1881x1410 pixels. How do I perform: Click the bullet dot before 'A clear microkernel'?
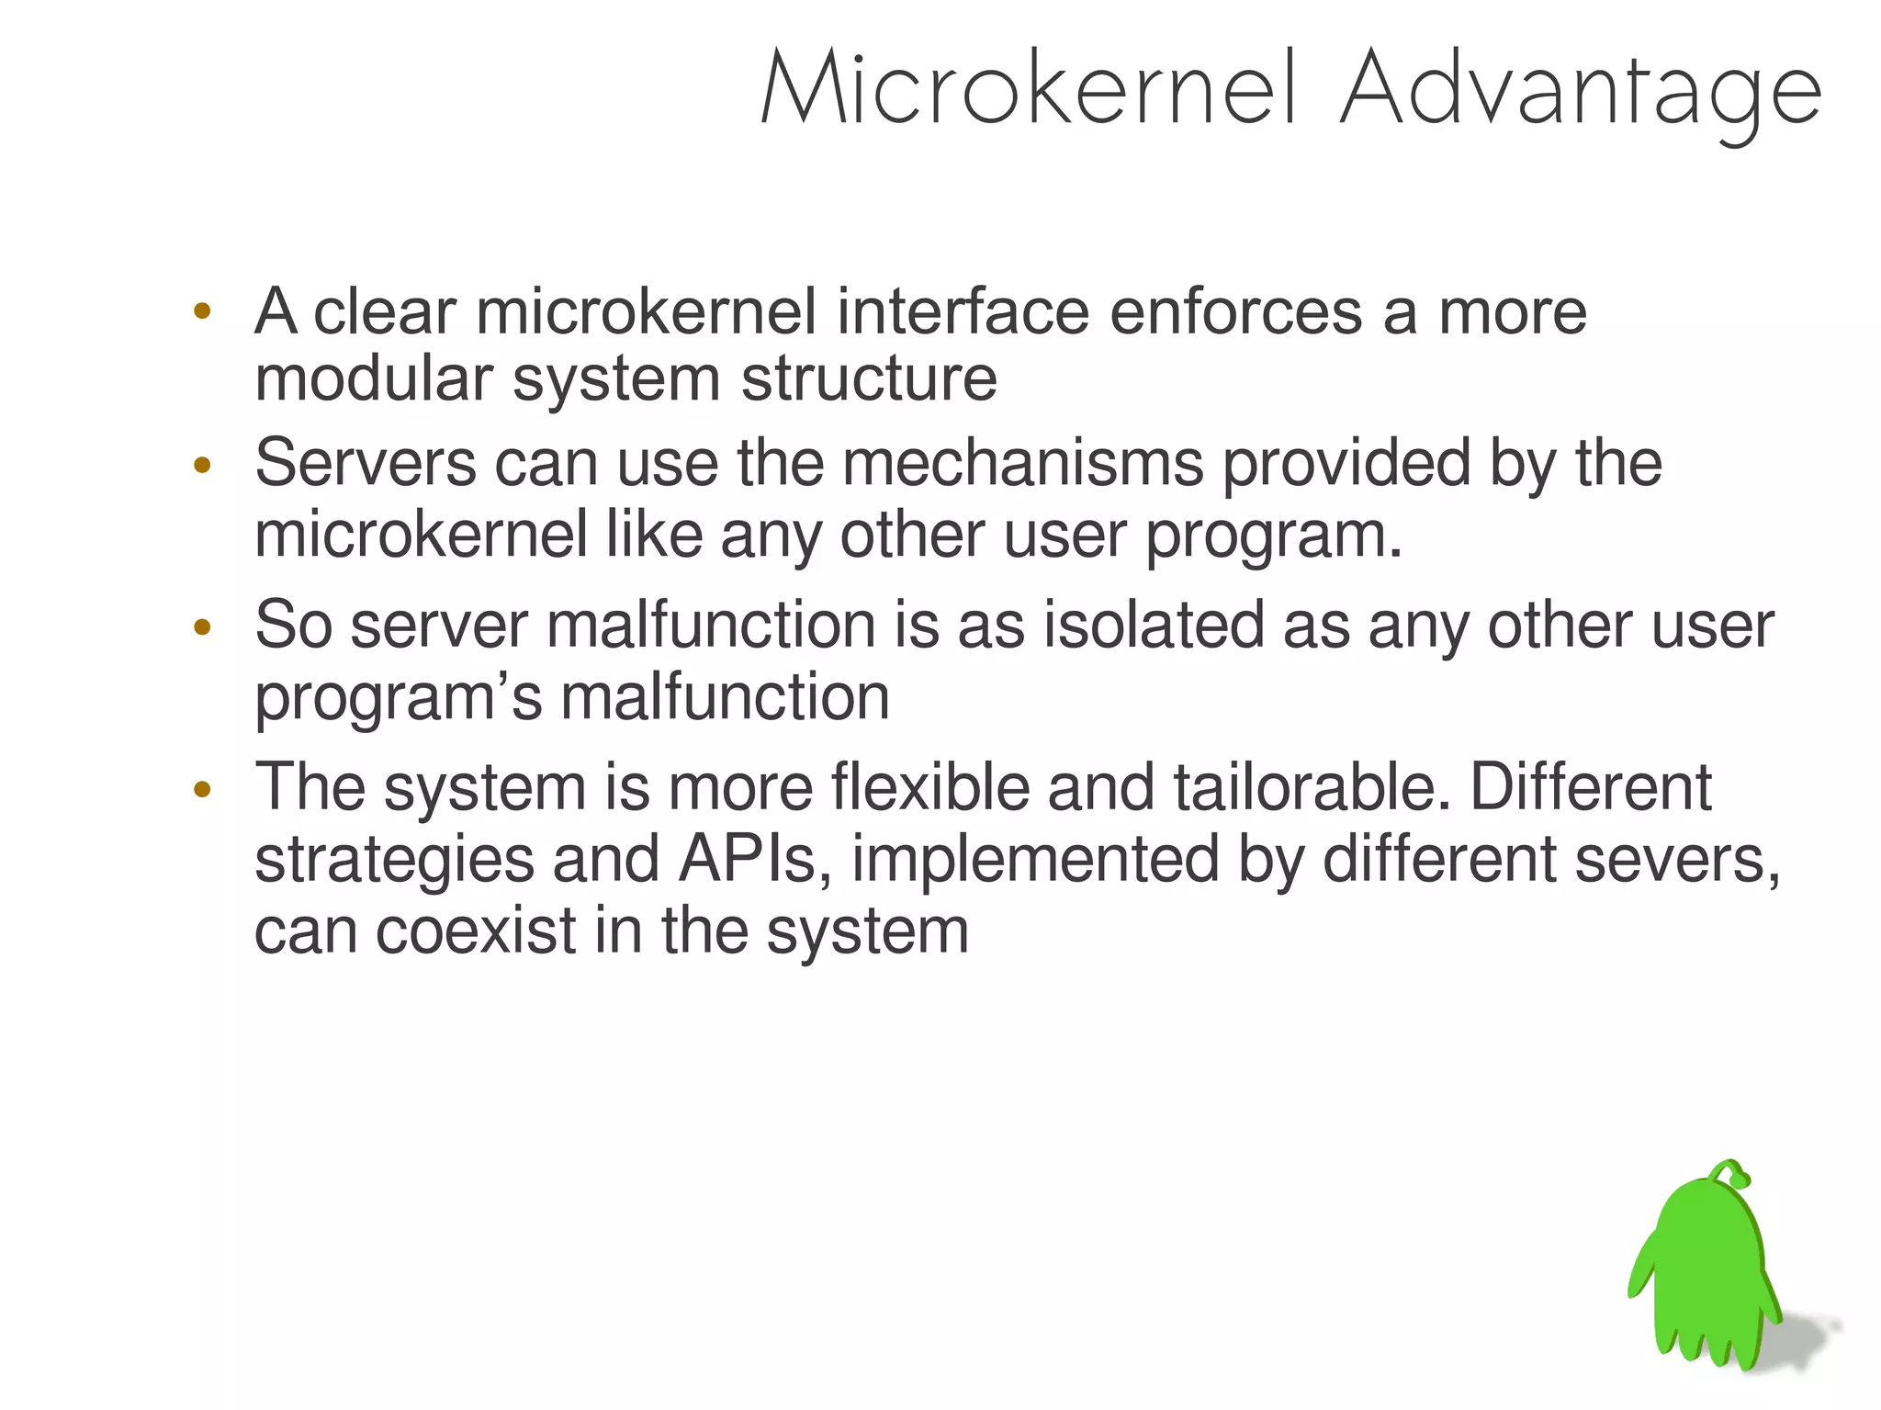point(203,310)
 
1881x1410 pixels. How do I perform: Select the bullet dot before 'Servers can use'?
point(203,465)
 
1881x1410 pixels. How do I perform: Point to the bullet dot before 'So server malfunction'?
point(203,627)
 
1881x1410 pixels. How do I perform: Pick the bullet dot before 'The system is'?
point(203,789)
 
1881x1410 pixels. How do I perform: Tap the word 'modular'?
point(373,378)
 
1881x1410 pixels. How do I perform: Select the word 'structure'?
point(868,378)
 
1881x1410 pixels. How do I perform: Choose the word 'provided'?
point(1346,464)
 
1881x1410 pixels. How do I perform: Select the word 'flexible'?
point(929,787)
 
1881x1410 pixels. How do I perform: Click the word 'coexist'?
point(475,931)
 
